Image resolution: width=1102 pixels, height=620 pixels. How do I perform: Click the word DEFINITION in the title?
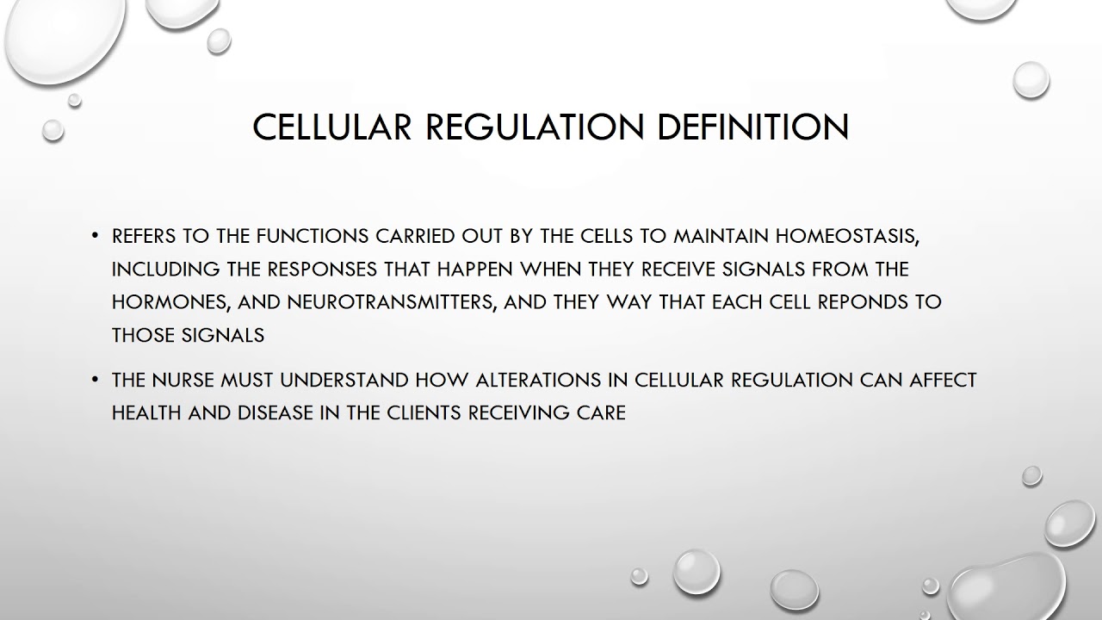753,127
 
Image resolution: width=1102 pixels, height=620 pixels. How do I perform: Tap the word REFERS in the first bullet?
143,236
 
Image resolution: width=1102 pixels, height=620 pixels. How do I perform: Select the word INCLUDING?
166,269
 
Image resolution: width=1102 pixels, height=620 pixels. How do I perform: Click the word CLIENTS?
419,412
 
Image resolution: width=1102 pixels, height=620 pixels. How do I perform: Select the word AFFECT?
943,380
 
